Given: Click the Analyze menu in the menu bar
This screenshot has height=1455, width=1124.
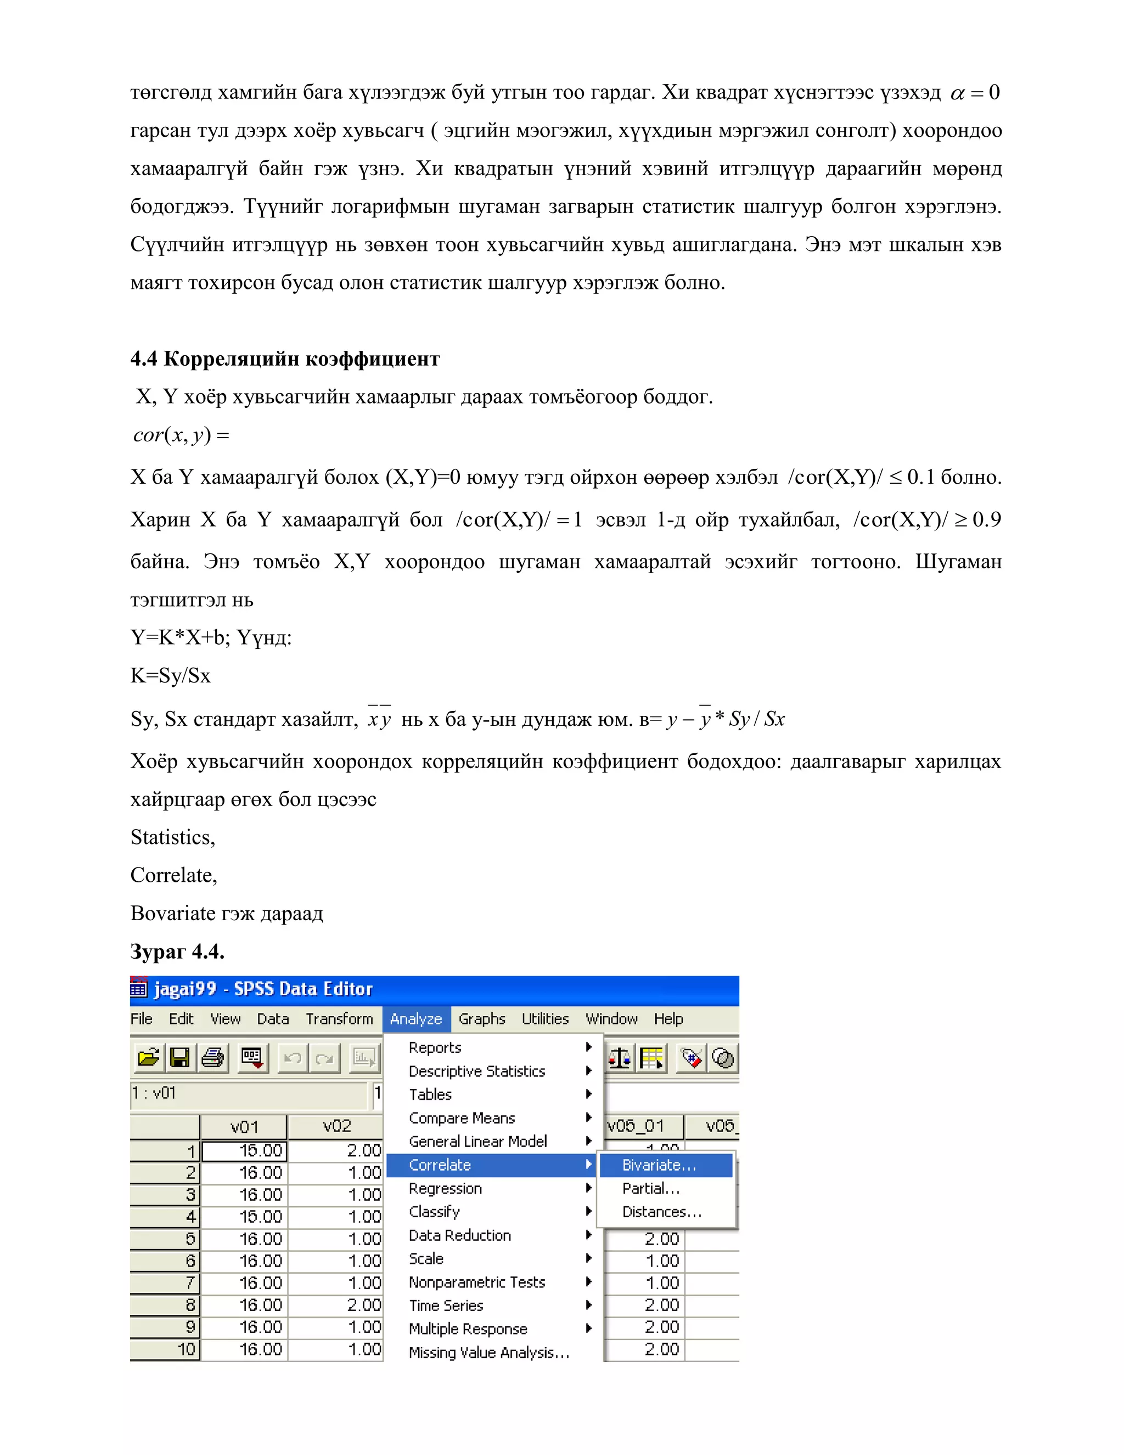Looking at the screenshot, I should point(415,1018).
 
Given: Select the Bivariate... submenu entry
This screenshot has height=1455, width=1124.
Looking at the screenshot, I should point(659,1165).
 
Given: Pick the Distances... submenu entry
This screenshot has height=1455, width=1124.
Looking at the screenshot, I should point(661,1212).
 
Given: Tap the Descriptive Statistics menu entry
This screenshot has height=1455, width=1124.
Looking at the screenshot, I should point(477,1071).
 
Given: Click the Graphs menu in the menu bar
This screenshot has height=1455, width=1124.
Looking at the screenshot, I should point(481,1018).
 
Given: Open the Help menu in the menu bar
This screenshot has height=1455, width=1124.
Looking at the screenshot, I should point(668,1018).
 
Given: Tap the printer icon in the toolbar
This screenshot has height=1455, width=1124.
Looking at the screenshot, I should point(212,1058).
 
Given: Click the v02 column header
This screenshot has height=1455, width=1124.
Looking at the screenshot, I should point(336,1127).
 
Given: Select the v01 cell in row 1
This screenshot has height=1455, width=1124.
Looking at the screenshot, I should point(244,1150).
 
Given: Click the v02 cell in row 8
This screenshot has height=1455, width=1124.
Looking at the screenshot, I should point(336,1305).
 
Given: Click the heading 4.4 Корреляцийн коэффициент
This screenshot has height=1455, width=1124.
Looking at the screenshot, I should point(285,359).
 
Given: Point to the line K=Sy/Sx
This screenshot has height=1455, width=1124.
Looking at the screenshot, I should point(171,675).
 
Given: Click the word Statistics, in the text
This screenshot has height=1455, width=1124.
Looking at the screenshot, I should point(172,837).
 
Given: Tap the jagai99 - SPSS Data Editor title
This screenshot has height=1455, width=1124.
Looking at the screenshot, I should point(263,989).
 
